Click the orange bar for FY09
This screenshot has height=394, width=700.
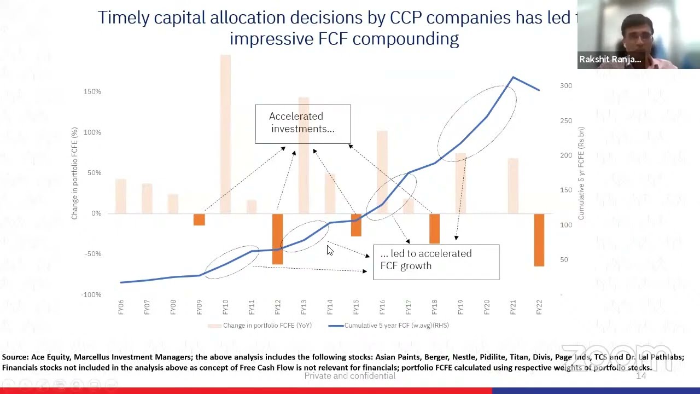click(199, 219)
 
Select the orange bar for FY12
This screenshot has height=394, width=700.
click(277, 239)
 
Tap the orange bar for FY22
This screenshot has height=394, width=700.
click(539, 240)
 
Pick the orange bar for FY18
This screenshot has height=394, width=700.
click(434, 228)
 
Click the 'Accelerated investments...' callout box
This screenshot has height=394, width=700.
click(302, 123)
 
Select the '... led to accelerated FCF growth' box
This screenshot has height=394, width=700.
click(436, 262)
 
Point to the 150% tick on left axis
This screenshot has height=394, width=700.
click(92, 91)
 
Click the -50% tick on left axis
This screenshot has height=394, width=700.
click(92, 254)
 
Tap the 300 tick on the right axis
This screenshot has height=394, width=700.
click(566, 86)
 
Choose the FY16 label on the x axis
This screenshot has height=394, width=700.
click(382, 307)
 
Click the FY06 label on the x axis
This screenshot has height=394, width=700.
click(121, 307)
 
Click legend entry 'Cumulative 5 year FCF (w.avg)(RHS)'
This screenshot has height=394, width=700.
click(396, 326)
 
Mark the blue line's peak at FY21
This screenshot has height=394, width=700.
click(513, 78)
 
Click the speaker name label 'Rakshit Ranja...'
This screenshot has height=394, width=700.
click(610, 60)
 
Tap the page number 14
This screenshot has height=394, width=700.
click(640, 375)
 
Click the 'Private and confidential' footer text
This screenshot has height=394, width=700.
click(349, 375)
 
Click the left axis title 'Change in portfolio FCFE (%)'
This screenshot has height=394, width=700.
click(74, 173)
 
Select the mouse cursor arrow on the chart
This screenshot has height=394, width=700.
click(329, 250)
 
